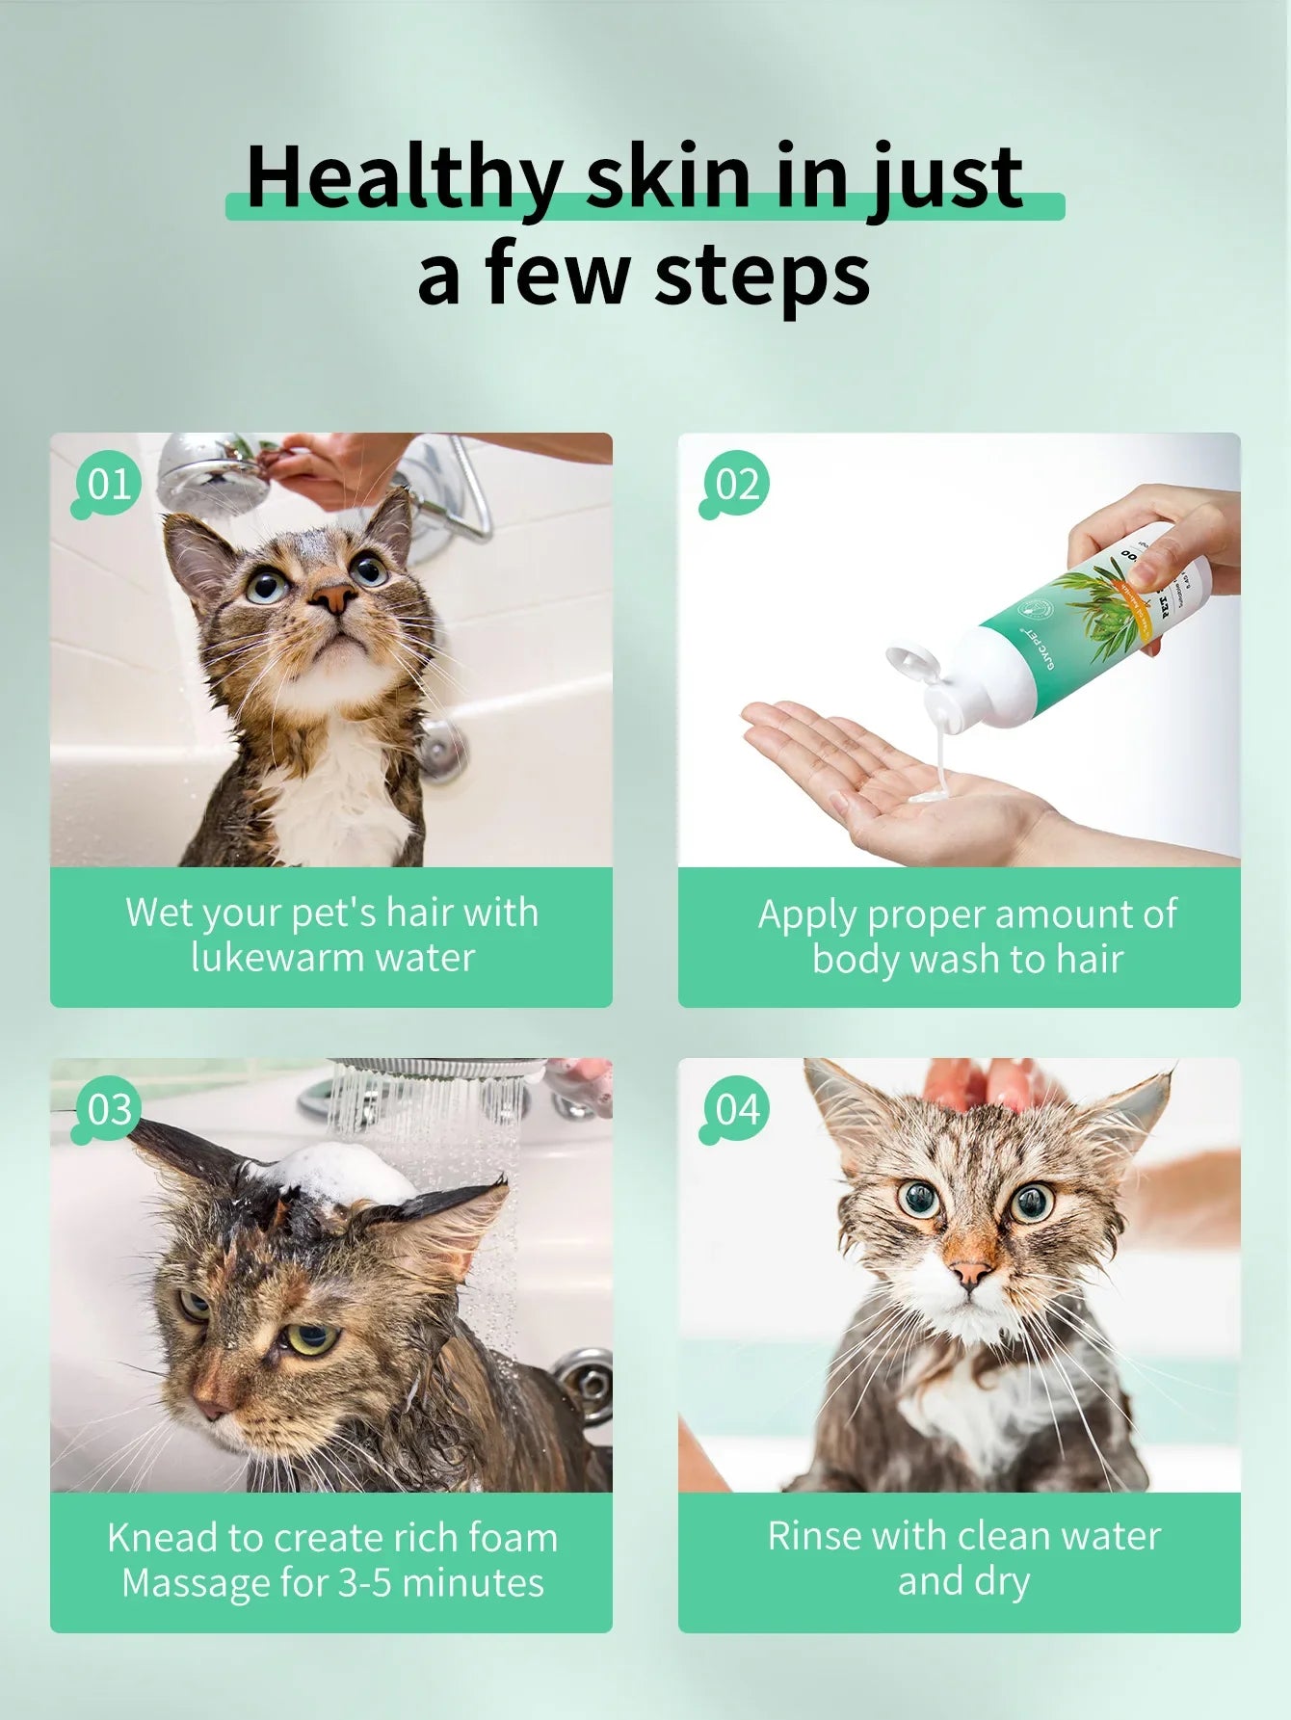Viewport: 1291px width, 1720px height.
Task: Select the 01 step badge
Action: tap(107, 484)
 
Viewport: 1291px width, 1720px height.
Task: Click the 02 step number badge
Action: tap(736, 484)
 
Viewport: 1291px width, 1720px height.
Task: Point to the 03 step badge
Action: tap(108, 1109)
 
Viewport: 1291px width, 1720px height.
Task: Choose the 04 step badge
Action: tap(737, 1109)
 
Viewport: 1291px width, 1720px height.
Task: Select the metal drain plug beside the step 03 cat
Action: tap(585, 1386)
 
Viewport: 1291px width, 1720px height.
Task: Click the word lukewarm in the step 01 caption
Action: tap(277, 958)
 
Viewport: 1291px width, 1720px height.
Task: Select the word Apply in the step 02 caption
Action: tap(807, 914)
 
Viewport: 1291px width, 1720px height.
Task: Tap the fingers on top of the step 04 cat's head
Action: tap(983, 1084)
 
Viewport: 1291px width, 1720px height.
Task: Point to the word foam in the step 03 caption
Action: tap(513, 1538)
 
